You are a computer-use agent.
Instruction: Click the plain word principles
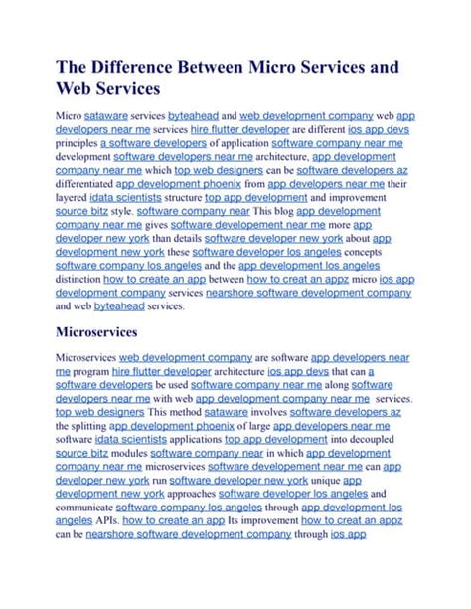(76, 143)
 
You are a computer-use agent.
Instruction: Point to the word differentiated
(83, 183)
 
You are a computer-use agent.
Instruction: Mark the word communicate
(86, 506)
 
